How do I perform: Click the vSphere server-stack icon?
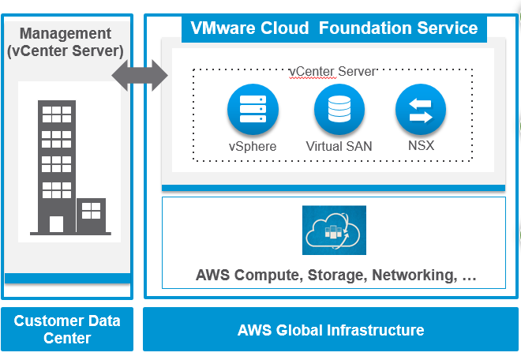coord(253,109)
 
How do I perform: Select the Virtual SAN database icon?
coord(339,109)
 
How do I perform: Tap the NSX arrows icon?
coord(420,109)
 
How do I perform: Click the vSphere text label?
coord(253,146)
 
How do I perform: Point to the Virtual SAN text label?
coord(339,146)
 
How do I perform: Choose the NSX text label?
coord(420,146)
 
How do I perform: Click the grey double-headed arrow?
coord(141,76)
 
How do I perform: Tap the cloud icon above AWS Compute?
coord(334,231)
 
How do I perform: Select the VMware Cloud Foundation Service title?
coord(334,28)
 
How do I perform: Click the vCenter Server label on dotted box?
coord(332,71)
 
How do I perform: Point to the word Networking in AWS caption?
coord(412,276)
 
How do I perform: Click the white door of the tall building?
coord(56,224)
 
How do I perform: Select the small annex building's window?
coord(92,210)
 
